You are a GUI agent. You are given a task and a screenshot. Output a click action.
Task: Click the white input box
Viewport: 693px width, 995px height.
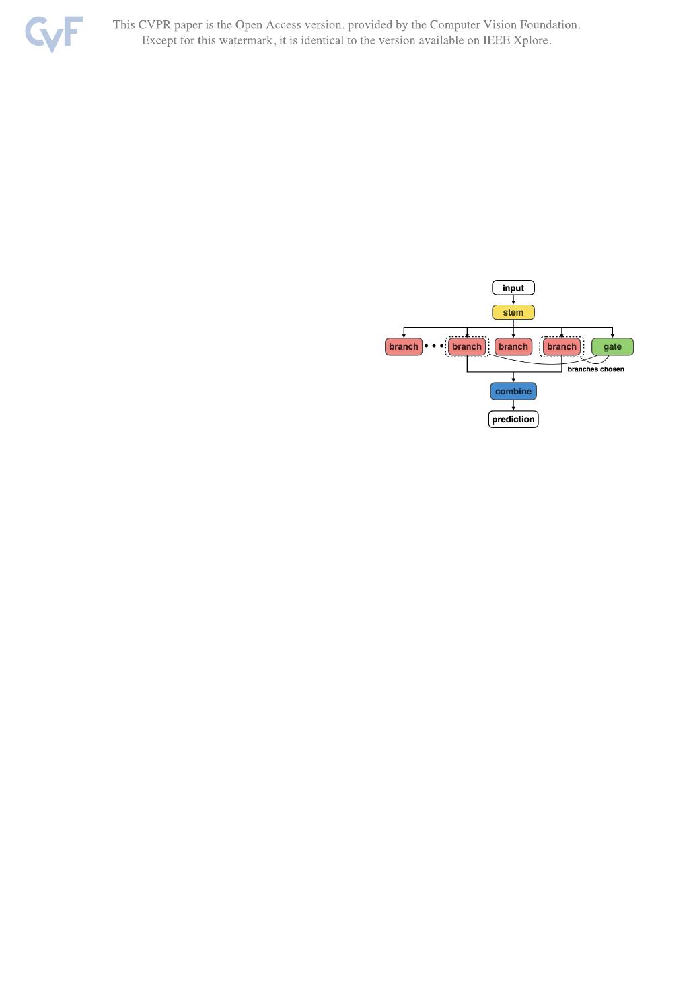(x=513, y=288)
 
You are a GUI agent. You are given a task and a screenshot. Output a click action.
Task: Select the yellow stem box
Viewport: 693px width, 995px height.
(x=513, y=313)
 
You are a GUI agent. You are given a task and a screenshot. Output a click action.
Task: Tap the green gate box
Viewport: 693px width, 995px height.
(x=612, y=347)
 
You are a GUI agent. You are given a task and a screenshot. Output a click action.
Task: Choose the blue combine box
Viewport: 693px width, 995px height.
(x=513, y=392)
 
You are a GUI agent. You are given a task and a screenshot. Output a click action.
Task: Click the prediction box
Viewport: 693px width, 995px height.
(x=513, y=420)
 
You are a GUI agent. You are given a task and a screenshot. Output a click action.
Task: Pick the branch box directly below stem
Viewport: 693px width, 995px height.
(x=513, y=347)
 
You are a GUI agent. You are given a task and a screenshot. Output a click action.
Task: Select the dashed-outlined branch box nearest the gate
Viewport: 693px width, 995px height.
(x=562, y=347)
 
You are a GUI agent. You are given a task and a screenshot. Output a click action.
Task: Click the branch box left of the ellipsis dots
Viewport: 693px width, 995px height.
(x=404, y=347)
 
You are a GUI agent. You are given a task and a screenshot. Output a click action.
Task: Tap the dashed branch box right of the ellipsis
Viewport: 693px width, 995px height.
(x=467, y=347)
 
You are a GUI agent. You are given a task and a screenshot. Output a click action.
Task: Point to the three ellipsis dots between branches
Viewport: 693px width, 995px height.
(x=434, y=346)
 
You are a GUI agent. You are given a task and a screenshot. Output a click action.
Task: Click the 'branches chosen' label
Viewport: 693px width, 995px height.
(x=595, y=369)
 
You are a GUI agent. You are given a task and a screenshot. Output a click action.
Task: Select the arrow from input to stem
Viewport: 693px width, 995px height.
(x=513, y=300)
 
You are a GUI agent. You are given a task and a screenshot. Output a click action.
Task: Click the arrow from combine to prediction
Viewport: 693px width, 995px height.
(x=513, y=405)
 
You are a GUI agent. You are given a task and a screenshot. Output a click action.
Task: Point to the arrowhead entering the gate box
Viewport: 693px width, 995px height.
(x=612, y=335)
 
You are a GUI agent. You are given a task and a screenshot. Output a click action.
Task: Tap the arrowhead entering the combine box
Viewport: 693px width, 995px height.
(x=513, y=380)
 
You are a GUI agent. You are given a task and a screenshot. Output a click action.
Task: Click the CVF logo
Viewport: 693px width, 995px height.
(x=54, y=34)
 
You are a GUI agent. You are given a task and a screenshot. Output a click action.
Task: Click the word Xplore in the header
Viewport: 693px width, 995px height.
(x=532, y=40)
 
